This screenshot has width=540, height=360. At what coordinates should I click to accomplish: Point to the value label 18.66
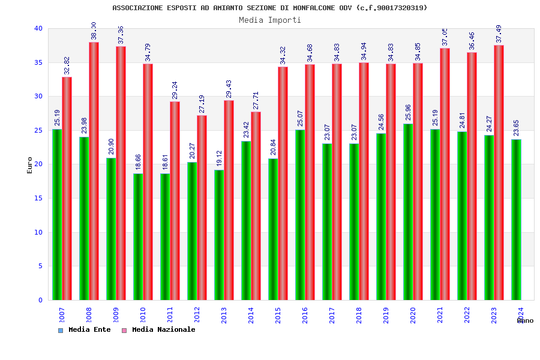[x=138, y=163]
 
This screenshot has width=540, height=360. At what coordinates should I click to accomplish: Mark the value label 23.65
[x=516, y=129]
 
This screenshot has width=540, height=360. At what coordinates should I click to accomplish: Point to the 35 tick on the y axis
[x=38, y=62]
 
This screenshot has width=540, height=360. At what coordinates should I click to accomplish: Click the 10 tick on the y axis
[x=38, y=232]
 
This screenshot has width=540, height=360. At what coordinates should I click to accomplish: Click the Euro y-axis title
[x=30, y=165]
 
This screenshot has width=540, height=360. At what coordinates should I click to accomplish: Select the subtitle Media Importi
[x=270, y=20]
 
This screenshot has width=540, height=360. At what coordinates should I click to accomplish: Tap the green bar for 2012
[x=192, y=231]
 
